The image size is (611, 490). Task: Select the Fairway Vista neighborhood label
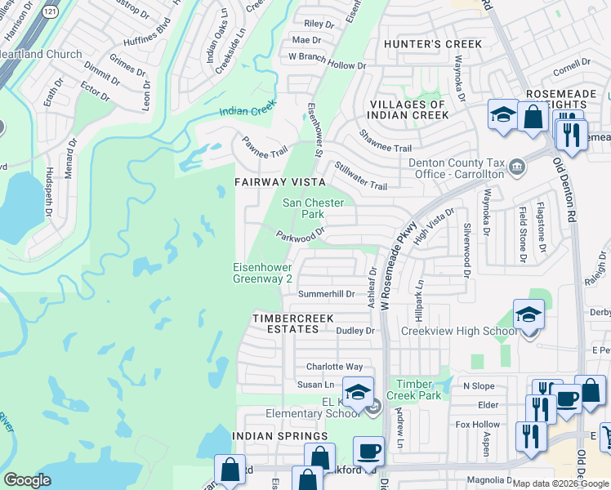280,182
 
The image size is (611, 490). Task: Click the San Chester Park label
314,208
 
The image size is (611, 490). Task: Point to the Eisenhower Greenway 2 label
262,273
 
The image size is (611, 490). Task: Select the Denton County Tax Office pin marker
516,167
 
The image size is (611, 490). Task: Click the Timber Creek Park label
413,390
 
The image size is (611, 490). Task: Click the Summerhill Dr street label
325,293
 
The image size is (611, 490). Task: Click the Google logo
27,480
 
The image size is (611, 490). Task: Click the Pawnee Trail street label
264,148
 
